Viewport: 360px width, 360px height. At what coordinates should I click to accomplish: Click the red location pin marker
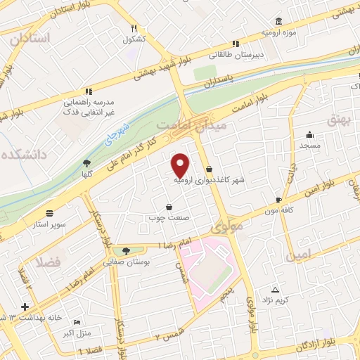point(181,165)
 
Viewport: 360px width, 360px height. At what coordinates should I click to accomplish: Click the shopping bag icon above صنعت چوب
point(169,206)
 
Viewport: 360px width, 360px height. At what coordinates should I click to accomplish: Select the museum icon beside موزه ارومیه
point(280,20)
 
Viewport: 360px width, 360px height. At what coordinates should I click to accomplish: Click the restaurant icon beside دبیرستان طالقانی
point(236,42)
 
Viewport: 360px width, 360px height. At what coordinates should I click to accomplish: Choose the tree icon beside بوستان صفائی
point(126,250)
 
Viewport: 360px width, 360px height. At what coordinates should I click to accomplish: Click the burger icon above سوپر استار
point(49,212)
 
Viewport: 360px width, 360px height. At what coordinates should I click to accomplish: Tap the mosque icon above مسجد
point(309,134)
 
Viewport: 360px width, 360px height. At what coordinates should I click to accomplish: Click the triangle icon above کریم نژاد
point(275,290)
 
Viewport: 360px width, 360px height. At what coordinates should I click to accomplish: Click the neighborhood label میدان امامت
point(181,124)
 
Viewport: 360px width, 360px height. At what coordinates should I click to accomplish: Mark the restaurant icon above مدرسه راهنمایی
point(88,91)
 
